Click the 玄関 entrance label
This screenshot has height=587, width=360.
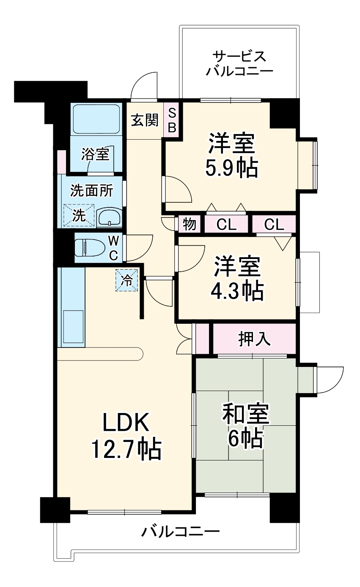[144, 121]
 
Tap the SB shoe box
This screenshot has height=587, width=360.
[172, 121]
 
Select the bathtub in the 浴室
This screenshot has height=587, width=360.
[96, 119]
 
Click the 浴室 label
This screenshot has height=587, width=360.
[96, 154]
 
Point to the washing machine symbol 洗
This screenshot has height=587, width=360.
[79, 215]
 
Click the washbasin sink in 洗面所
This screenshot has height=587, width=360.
[109, 218]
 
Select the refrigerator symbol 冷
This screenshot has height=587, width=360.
[127, 280]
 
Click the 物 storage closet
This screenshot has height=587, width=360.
[190, 224]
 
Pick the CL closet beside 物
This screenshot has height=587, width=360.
[226, 224]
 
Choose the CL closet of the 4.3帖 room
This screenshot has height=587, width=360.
[274, 224]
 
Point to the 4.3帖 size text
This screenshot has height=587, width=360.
[237, 290]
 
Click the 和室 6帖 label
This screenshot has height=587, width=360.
[245, 427]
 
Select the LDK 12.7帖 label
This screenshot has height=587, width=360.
[126, 436]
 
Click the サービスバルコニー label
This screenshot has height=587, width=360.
[239, 63]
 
